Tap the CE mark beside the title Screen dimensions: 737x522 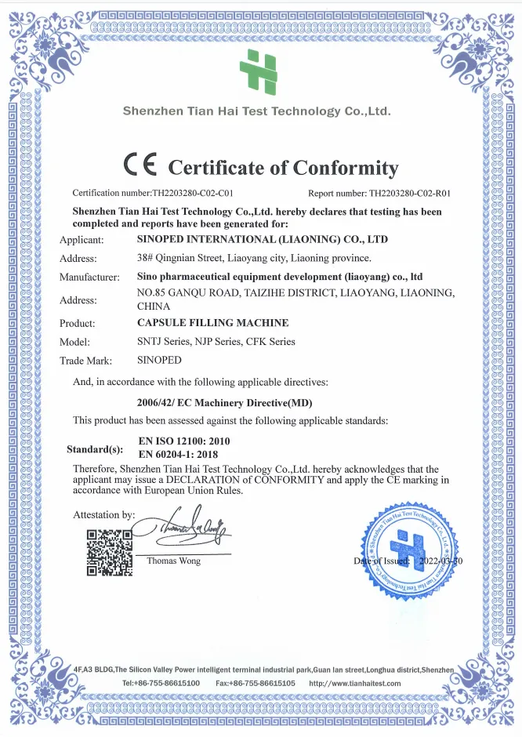pyautogui.click(x=141, y=165)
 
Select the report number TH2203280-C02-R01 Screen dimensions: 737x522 pyautogui.click(x=412, y=192)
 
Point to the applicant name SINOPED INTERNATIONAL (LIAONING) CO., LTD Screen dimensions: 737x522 pyautogui.click(x=262, y=239)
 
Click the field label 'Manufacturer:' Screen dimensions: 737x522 pyautogui.click(x=89, y=277)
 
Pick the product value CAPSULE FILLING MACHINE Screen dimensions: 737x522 pyautogui.click(x=212, y=323)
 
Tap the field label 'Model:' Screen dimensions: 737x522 pyautogui.click(x=75, y=342)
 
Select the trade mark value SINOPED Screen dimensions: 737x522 pyautogui.click(x=159, y=361)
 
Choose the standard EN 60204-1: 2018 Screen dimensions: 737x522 pyautogui.click(x=178, y=454)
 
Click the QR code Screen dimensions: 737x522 pyautogui.click(x=109, y=553)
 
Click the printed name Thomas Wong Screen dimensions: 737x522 pyautogui.click(x=173, y=561)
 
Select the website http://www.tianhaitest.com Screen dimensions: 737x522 pyautogui.click(x=355, y=683)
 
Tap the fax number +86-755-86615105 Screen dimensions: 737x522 pyautogui.click(x=266, y=683)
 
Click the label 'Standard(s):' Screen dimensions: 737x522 pyautogui.click(x=95, y=450)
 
